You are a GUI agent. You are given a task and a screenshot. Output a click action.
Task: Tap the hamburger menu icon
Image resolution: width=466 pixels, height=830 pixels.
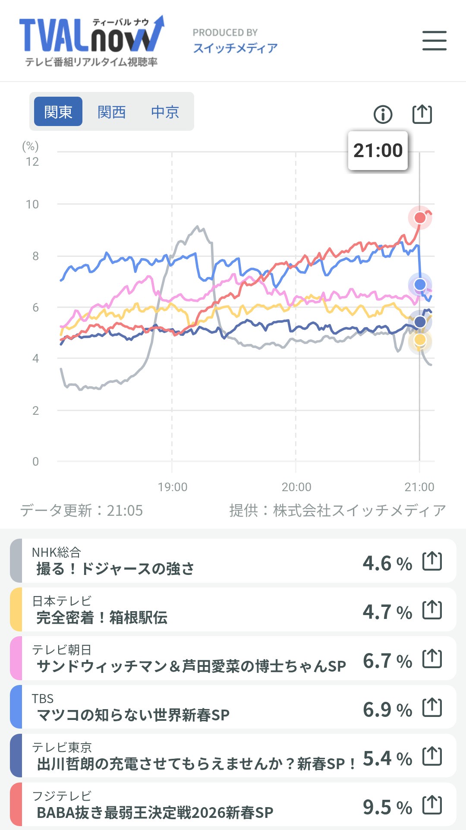(x=434, y=41)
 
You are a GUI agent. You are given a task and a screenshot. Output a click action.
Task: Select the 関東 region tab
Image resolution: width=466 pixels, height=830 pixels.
(x=58, y=112)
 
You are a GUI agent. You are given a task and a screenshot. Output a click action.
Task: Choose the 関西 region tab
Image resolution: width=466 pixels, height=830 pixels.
(x=111, y=112)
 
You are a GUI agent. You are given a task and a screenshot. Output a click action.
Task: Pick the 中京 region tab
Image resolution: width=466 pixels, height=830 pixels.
(x=165, y=112)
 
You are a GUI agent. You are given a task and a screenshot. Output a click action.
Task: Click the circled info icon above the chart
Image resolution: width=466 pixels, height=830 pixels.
(x=383, y=114)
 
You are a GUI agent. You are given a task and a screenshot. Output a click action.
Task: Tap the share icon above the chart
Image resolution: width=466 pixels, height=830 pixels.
(x=422, y=114)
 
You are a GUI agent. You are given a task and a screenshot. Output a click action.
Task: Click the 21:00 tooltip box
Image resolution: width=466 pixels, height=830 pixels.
(x=378, y=151)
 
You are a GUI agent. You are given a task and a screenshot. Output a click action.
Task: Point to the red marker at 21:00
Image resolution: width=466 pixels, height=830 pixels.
(x=420, y=218)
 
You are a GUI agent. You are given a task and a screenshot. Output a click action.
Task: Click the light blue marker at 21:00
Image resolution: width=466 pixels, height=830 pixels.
(x=420, y=284)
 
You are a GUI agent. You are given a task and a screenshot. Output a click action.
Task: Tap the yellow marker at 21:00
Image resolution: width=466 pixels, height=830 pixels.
(x=420, y=340)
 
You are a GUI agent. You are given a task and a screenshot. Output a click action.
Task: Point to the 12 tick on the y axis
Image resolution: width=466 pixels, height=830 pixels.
(x=32, y=162)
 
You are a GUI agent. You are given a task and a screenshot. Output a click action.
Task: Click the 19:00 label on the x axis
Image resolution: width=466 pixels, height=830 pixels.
(x=173, y=487)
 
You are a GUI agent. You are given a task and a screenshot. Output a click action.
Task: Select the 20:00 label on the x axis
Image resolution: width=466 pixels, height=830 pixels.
(x=296, y=487)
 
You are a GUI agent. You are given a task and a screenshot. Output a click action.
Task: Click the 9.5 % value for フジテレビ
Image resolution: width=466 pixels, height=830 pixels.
(x=387, y=807)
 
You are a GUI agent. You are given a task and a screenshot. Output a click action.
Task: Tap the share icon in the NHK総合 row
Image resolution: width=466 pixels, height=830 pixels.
(x=432, y=561)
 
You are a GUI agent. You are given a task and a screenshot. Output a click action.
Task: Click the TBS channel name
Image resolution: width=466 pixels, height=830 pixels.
(x=43, y=698)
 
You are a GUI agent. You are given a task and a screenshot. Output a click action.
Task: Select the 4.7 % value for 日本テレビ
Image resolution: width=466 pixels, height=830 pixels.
(x=387, y=612)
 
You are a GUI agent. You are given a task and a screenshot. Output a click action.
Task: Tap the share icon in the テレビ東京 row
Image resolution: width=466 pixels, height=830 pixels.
(x=432, y=756)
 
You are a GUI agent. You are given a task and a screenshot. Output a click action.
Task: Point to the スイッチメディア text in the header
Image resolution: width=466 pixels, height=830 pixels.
(x=235, y=48)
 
